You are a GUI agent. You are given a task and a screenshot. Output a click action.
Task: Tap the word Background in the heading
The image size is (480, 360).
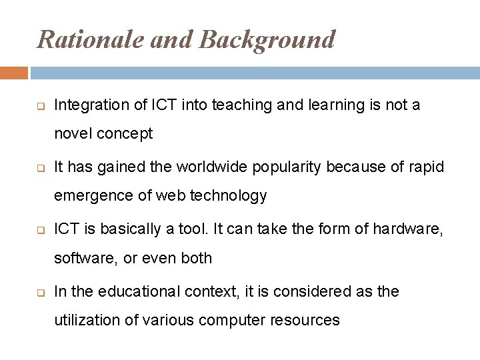267,39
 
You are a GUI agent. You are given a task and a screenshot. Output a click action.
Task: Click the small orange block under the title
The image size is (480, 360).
14,73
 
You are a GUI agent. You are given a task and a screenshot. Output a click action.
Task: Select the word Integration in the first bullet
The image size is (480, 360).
85,105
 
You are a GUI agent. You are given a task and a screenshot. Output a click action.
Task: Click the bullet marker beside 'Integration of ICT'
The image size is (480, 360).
41,105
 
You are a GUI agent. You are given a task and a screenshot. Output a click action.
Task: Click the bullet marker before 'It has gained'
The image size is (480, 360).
41,167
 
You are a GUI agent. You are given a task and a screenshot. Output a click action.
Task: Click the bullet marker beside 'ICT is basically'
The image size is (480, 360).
41,229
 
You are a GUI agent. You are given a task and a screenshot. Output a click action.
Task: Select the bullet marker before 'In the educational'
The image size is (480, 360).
41,291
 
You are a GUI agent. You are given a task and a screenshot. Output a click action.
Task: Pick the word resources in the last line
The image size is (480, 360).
306,320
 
